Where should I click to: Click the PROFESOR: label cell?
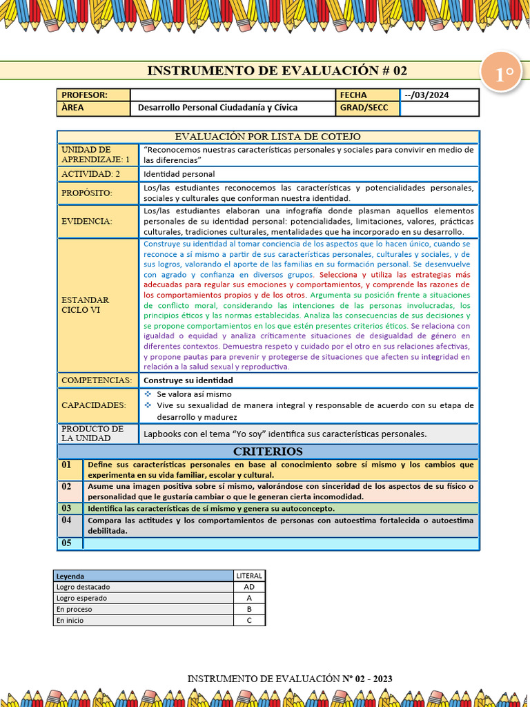click(93, 95)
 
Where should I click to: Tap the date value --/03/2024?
click(426, 95)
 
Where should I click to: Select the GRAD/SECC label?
click(364, 108)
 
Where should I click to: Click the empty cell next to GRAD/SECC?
click(439, 108)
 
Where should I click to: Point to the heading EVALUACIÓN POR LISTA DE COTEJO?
click(268, 137)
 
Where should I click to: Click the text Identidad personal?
click(179, 174)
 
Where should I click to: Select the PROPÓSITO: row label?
click(87, 193)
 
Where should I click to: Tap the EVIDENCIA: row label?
click(87, 221)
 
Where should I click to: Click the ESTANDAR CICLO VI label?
click(86, 305)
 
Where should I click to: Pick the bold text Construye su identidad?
click(188, 380)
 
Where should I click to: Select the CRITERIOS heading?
click(268, 452)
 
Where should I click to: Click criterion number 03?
click(66, 508)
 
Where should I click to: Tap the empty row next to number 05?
click(280, 543)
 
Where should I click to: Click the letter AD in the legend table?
click(249, 587)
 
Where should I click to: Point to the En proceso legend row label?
click(75, 610)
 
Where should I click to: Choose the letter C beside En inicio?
click(249, 621)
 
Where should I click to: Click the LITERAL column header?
click(249, 576)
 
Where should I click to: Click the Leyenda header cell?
click(70, 576)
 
